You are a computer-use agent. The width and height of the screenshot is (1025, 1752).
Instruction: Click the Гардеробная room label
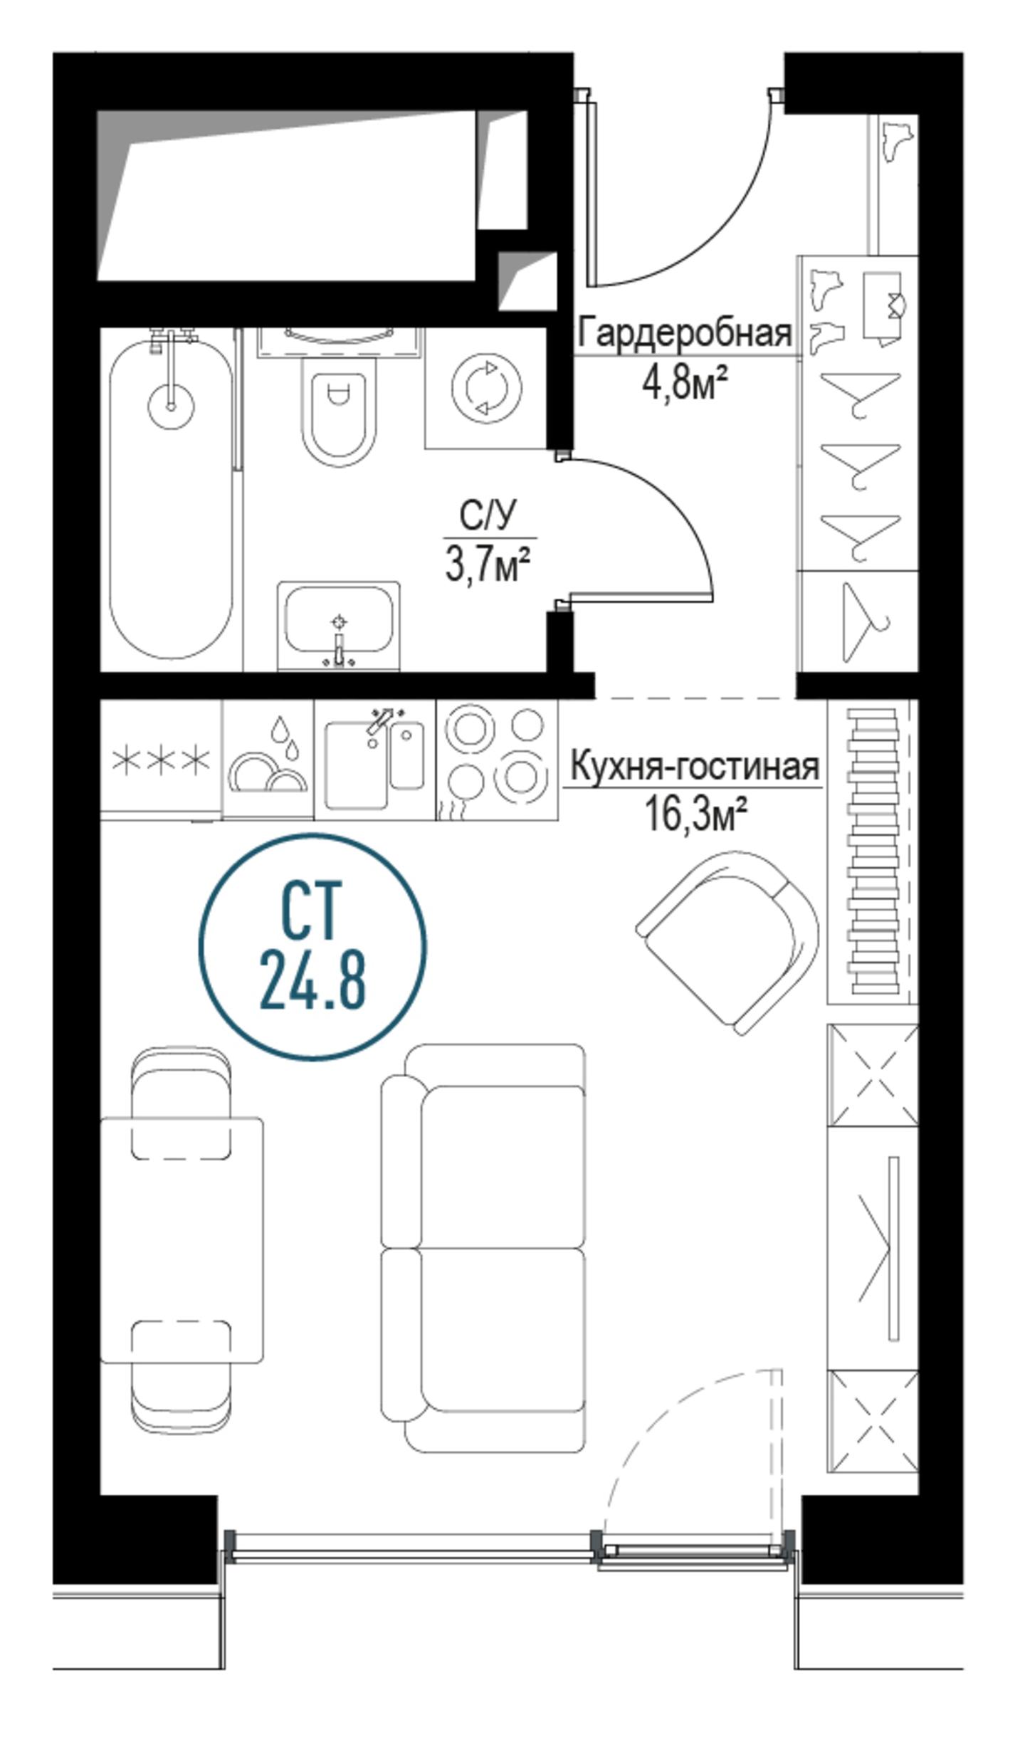[685, 332]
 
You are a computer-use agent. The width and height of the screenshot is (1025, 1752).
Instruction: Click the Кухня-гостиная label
[695, 767]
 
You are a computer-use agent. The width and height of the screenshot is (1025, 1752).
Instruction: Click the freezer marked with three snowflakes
[161, 760]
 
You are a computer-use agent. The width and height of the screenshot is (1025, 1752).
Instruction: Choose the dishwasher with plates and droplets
[268, 760]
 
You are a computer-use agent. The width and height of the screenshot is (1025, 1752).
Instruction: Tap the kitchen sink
[375, 760]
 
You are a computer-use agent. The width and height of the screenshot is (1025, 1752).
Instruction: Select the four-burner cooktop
[497, 760]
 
